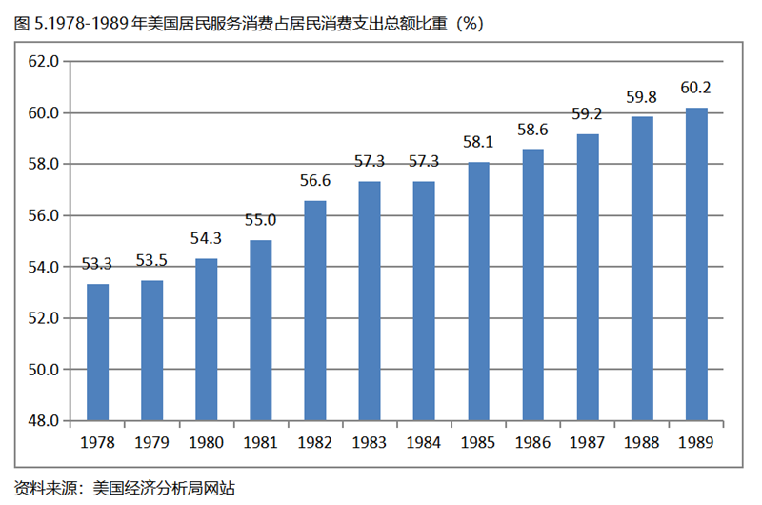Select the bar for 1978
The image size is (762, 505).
[97, 352]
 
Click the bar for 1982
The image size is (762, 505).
[314, 310]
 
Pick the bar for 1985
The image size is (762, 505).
[478, 291]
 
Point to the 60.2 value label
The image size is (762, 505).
[696, 89]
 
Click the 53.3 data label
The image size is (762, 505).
[97, 264]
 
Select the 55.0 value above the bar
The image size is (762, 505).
[260, 220]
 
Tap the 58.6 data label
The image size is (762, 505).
[532, 129]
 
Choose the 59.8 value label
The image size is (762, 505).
[642, 97]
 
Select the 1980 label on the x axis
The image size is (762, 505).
[206, 443]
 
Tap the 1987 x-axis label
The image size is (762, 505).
[588, 443]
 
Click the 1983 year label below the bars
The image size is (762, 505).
[370, 443]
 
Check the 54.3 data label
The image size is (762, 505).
[206, 238]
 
